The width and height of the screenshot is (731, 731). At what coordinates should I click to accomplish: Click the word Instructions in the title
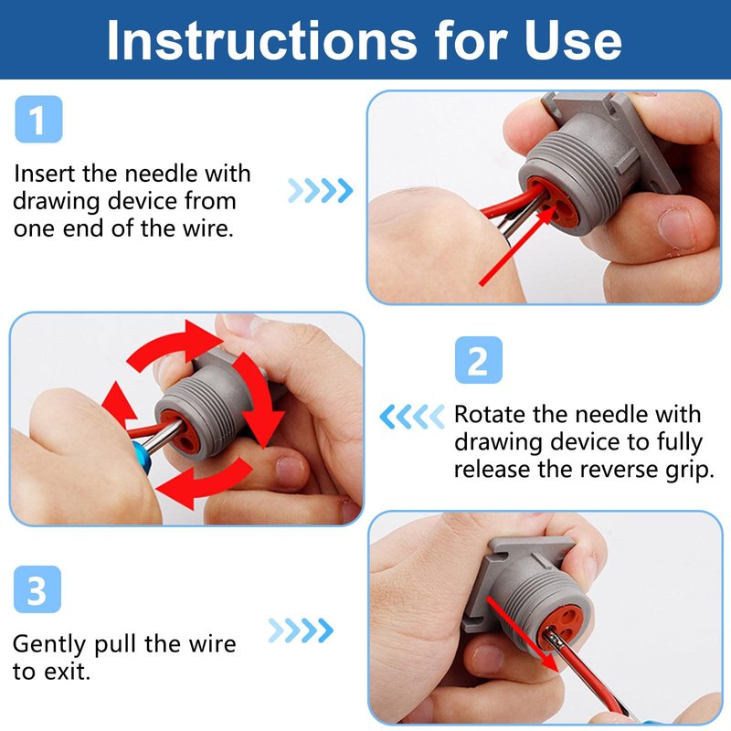pos(261,40)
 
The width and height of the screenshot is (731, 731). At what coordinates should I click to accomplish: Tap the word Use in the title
pos(573,40)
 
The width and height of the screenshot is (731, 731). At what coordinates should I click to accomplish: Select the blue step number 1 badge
pos(38,119)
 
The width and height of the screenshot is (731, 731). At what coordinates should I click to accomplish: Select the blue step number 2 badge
pos(478,360)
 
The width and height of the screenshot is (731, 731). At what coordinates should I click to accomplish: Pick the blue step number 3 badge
pos(37,589)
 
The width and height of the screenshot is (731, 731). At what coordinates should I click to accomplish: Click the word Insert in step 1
pos(44,174)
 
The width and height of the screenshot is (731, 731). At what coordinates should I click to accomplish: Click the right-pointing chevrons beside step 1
pos(321,190)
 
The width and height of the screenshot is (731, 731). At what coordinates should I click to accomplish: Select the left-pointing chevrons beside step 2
pos(412,417)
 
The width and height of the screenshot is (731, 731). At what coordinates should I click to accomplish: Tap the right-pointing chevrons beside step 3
pos(301,630)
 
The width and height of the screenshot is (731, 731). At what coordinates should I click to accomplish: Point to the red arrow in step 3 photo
pos(522,633)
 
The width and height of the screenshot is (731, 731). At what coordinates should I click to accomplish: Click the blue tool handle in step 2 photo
pos(142,458)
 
